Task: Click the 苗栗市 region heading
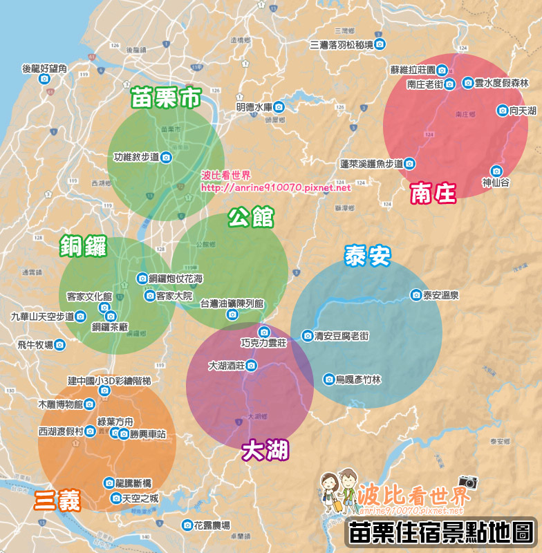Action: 165,98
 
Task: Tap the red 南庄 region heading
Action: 433,194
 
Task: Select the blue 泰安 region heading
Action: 367,256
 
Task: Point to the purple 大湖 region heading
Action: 265,451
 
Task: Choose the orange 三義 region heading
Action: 58,500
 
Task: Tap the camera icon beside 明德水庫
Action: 279,107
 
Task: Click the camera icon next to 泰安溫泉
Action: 415,294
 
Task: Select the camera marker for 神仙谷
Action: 496,171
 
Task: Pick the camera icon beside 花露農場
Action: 187,525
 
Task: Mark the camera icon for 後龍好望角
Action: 44,79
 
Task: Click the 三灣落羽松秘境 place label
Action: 342,45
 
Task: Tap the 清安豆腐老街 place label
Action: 341,336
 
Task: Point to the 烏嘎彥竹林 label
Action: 357,379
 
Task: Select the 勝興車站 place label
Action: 147,434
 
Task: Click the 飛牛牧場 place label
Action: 35,344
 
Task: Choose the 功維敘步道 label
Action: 136,158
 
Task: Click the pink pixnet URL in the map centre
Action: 276,187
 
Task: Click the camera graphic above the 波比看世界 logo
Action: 468,482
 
